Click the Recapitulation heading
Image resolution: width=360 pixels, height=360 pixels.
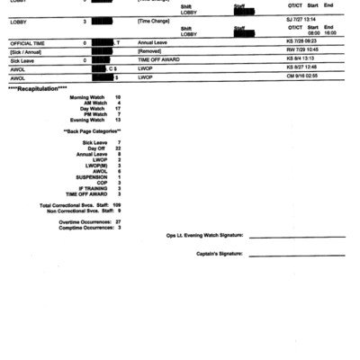[38, 88]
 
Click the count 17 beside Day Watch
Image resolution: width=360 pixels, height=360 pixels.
[118, 108]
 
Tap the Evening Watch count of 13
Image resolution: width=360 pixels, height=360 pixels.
[118, 120]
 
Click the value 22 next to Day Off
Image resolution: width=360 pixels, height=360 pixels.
[118, 148]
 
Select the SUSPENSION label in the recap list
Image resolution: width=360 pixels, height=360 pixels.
[91, 176]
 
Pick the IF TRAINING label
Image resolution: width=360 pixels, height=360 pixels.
[93, 188]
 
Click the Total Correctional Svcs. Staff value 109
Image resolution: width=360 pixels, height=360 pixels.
[117, 204]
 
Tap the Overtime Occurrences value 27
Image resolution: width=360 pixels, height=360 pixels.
[118, 220]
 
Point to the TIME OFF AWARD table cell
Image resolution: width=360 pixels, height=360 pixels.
[162, 60]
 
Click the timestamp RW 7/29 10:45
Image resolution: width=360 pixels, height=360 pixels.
[303, 51]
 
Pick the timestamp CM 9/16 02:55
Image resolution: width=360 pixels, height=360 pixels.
[303, 77]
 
